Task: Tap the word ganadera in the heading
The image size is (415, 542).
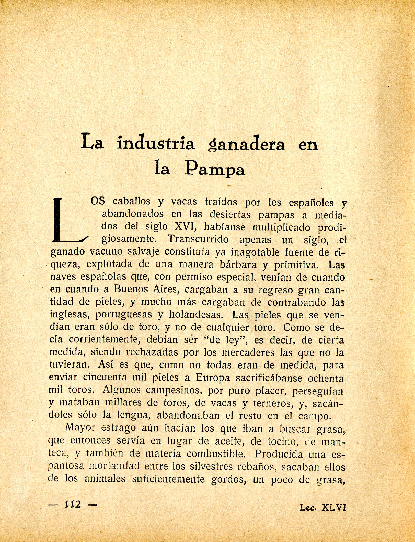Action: (247, 145)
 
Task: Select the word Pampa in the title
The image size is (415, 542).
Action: (215, 169)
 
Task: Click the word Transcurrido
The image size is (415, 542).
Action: (198, 239)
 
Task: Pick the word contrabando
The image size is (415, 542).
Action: (297, 302)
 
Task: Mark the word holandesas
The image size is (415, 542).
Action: (195, 315)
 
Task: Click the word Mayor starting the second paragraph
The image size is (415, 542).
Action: (80, 428)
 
